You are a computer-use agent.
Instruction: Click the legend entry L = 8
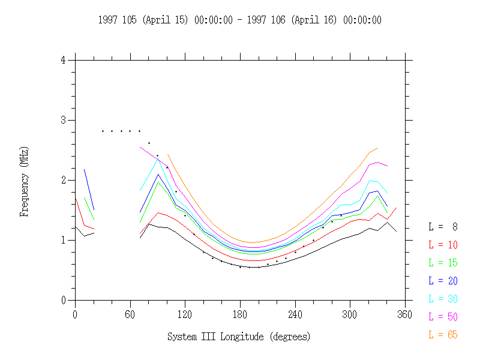coord(443,227)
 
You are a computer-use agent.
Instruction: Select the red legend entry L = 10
coord(443,245)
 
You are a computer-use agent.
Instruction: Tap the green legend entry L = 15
coord(443,263)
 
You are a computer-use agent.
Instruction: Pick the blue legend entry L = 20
coord(443,281)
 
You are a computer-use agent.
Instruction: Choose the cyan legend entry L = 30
coord(443,299)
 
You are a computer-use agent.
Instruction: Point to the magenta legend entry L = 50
coord(443,317)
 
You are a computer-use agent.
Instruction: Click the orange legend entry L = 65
coord(443,335)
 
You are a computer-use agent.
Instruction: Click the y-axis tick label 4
coord(64,60)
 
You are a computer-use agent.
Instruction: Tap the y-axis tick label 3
coord(64,120)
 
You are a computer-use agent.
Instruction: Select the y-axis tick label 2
coord(64,180)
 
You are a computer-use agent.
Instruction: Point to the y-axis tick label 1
coord(64,240)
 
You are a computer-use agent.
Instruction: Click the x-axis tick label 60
coord(130,313)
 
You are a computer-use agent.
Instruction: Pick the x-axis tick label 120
coord(185,313)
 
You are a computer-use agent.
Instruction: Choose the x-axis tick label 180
coord(240,313)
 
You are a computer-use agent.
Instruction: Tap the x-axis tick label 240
coord(295,313)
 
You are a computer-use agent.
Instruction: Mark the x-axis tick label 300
coord(350,313)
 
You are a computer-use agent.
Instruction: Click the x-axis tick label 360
coord(406,313)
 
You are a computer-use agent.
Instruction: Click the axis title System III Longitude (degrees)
coord(239,337)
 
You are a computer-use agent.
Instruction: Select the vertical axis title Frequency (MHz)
coord(25,180)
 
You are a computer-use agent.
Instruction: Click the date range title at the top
coord(239,20)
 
